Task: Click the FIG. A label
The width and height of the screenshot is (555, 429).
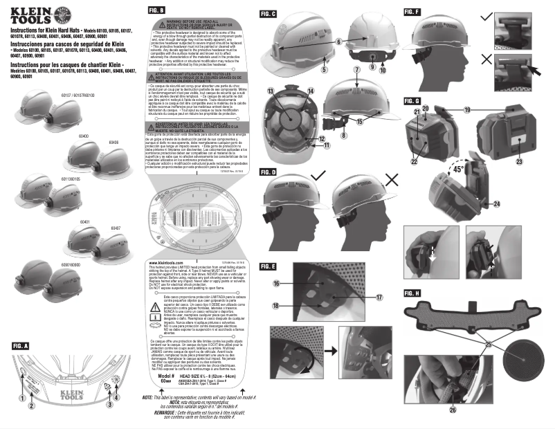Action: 21,345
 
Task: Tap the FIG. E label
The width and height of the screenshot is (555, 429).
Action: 269,266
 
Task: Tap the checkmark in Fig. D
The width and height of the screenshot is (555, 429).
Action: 319,178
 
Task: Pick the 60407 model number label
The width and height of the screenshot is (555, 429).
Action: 115,227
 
